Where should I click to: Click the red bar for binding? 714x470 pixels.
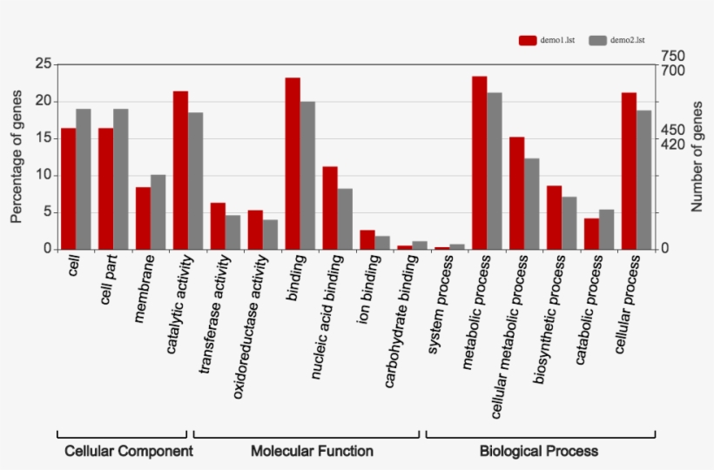[293, 164]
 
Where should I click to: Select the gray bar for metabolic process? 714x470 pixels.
[495, 171]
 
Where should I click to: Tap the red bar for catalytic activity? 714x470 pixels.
[180, 170]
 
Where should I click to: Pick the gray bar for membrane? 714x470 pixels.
[158, 211]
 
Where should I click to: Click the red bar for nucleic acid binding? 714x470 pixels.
[330, 207]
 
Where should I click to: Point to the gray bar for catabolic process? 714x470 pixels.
[607, 229]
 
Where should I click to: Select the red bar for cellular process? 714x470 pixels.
[629, 171]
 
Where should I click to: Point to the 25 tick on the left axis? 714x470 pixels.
[42, 64]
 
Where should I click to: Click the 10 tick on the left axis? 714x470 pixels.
[42, 175]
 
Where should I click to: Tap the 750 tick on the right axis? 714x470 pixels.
[673, 56]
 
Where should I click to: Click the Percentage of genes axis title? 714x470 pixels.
[17, 157]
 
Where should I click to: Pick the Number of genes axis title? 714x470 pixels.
[697, 157]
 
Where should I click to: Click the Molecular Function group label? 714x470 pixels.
[312, 451]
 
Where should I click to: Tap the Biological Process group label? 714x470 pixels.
[539, 451]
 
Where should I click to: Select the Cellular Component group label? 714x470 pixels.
[129, 451]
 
